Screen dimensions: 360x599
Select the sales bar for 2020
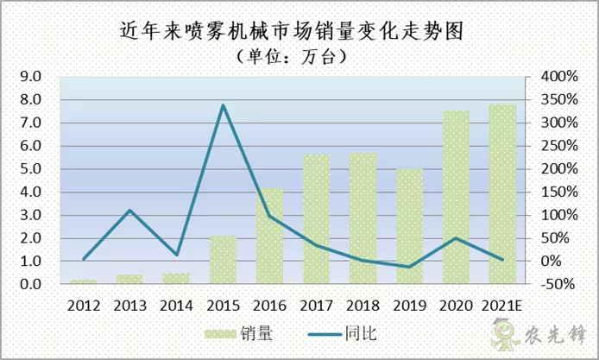[456, 197]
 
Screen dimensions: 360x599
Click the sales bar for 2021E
[502, 194]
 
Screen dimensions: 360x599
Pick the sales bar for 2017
[316, 219]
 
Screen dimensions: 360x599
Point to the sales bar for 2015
[223, 259]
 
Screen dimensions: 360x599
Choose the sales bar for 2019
[409, 226]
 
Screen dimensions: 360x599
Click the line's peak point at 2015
[223, 105]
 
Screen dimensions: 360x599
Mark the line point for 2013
[129, 211]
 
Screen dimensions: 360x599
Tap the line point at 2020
[456, 238]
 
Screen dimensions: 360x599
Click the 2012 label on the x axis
[83, 305]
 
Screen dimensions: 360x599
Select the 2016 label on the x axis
[269, 305]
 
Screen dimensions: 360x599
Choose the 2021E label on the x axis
[502, 305]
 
